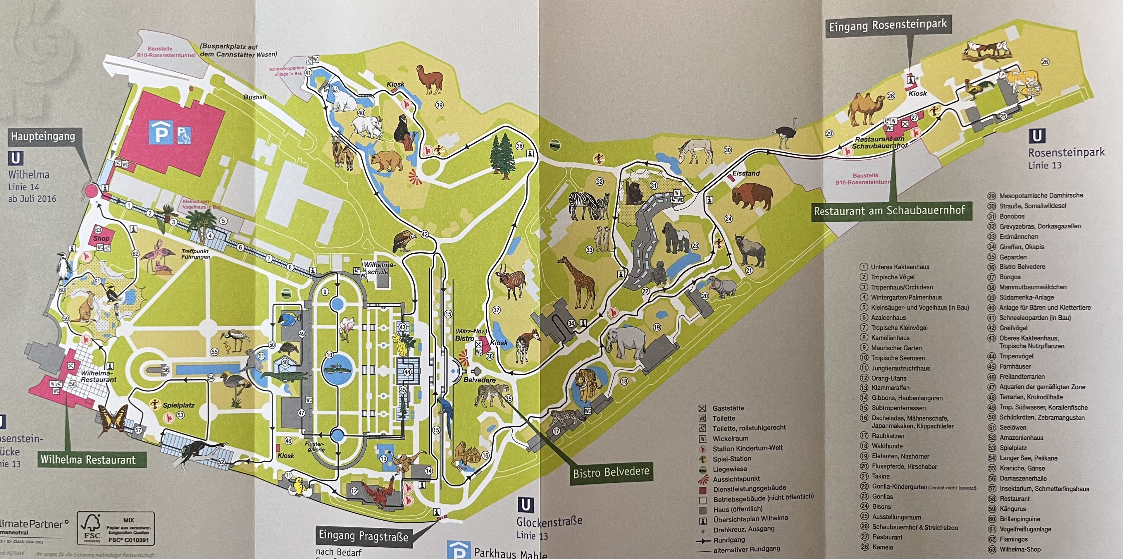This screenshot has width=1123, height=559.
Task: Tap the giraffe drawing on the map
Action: [x=579, y=283]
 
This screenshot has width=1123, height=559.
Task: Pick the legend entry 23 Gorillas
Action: [x=882, y=496]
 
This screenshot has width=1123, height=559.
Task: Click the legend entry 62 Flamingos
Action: [x=1013, y=539]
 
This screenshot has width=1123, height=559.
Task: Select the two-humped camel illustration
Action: [x=867, y=109]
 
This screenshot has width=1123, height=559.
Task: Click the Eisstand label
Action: [x=746, y=173]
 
